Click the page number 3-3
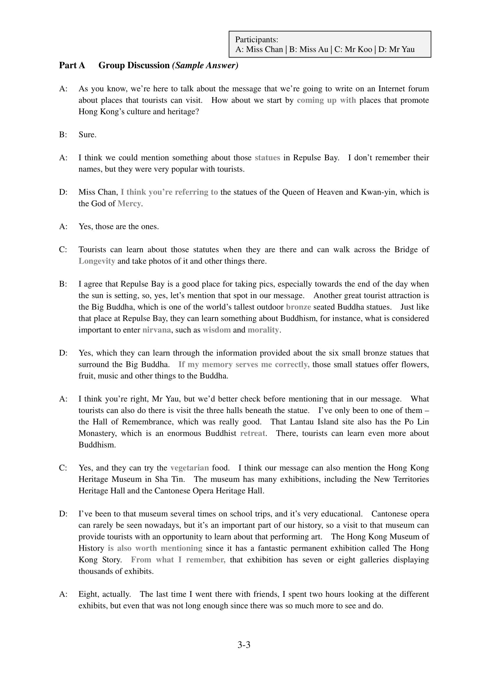tap(244, 645)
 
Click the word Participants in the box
tap(256, 39)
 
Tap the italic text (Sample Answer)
tap(205, 65)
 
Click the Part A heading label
tap(72, 65)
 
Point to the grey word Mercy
tap(129, 204)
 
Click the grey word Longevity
tap(97, 261)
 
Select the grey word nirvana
tap(157, 330)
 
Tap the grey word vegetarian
tap(190, 468)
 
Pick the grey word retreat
tap(253, 433)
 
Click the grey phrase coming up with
tap(326, 100)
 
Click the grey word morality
tap(263, 330)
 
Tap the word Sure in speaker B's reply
tap(87, 134)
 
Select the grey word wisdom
tap(217, 330)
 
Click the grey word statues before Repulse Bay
tap(267, 158)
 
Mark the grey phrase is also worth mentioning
tap(155, 548)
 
